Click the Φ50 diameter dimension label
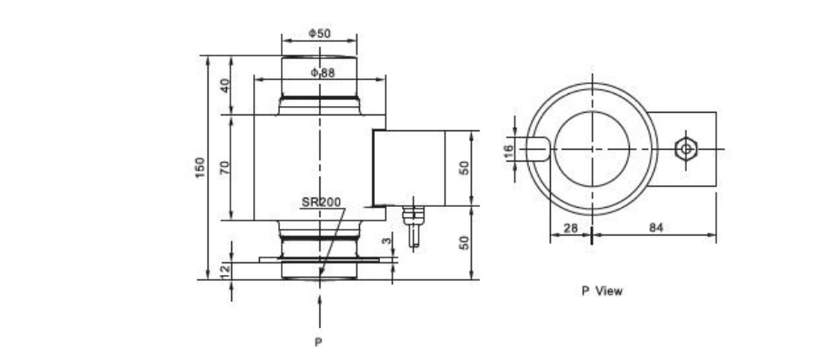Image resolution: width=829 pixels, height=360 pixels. click(319, 33)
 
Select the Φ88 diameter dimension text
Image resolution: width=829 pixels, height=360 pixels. click(322, 73)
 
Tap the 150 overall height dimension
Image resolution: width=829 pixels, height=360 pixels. click(199, 167)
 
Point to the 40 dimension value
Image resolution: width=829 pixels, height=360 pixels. click(224, 86)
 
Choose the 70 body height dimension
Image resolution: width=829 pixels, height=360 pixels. click(224, 167)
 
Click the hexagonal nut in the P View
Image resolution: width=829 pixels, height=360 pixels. click(686, 149)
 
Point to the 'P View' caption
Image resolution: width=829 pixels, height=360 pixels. click(602, 291)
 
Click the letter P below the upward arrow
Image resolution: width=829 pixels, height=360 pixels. click(318, 342)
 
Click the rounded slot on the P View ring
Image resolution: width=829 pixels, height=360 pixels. click(539, 149)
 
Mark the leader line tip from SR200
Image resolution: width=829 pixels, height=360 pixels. click(320, 274)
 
